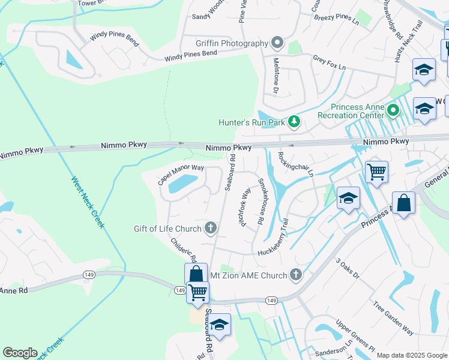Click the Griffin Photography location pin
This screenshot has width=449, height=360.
(x=277, y=43)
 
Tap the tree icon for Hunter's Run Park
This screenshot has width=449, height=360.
(x=294, y=122)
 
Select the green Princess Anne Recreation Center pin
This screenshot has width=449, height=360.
(x=393, y=110)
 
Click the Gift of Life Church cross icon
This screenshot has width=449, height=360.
(x=210, y=228)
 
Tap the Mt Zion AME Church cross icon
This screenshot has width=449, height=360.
(x=295, y=275)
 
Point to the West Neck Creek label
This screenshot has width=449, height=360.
(x=88, y=202)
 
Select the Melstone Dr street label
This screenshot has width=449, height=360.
(x=276, y=82)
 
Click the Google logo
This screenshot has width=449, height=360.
(x=20, y=353)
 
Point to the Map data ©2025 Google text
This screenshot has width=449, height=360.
(x=411, y=355)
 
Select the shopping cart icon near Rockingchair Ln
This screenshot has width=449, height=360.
(x=376, y=172)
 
